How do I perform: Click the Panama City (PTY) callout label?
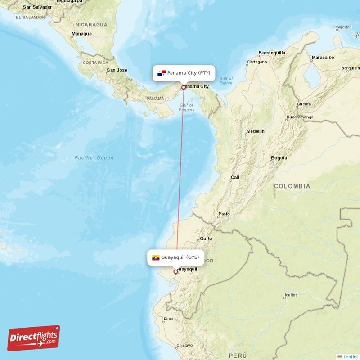[x=184, y=73]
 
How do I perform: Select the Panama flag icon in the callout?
[x=162, y=73]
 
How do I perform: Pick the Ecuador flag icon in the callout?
[x=156, y=257]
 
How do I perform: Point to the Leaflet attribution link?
[x=348, y=356]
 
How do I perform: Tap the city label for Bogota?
[x=279, y=158]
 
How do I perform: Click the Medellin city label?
[x=255, y=131]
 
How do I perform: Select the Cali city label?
[x=235, y=177]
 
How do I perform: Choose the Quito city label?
[x=206, y=238]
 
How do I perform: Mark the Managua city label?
[x=82, y=34]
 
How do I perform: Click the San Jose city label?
[x=117, y=70]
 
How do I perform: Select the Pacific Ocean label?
[x=94, y=158]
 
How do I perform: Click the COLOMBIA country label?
[x=292, y=186]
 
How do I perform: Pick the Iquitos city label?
[x=291, y=295]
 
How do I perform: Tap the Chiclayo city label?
[x=184, y=346]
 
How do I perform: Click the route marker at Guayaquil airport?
[x=176, y=272]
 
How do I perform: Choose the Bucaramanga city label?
[x=300, y=118]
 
